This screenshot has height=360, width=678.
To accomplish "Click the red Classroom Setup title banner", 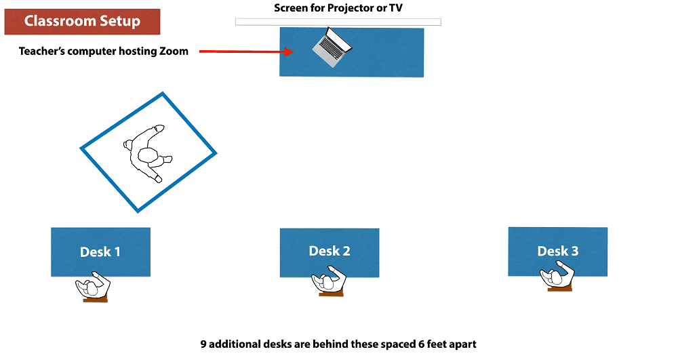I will click(x=82, y=22).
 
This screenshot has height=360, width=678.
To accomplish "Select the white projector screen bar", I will click(x=338, y=22).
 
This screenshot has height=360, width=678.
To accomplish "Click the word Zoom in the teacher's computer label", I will click(x=174, y=52).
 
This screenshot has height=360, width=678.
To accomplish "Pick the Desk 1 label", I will click(x=100, y=252).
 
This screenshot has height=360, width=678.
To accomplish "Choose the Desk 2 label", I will click(x=330, y=251).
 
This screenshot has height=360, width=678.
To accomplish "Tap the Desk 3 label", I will click(x=558, y=251).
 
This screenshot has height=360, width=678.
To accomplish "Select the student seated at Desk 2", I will click(x=329, y=282).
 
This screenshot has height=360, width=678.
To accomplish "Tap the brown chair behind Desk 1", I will click(x=95, y=300).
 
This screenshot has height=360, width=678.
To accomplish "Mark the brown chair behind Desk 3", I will click(x=560, y=289).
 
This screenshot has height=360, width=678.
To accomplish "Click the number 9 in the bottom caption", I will click(x=203, y=344).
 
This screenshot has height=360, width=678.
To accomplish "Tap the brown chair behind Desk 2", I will click(x=331, y=294).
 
